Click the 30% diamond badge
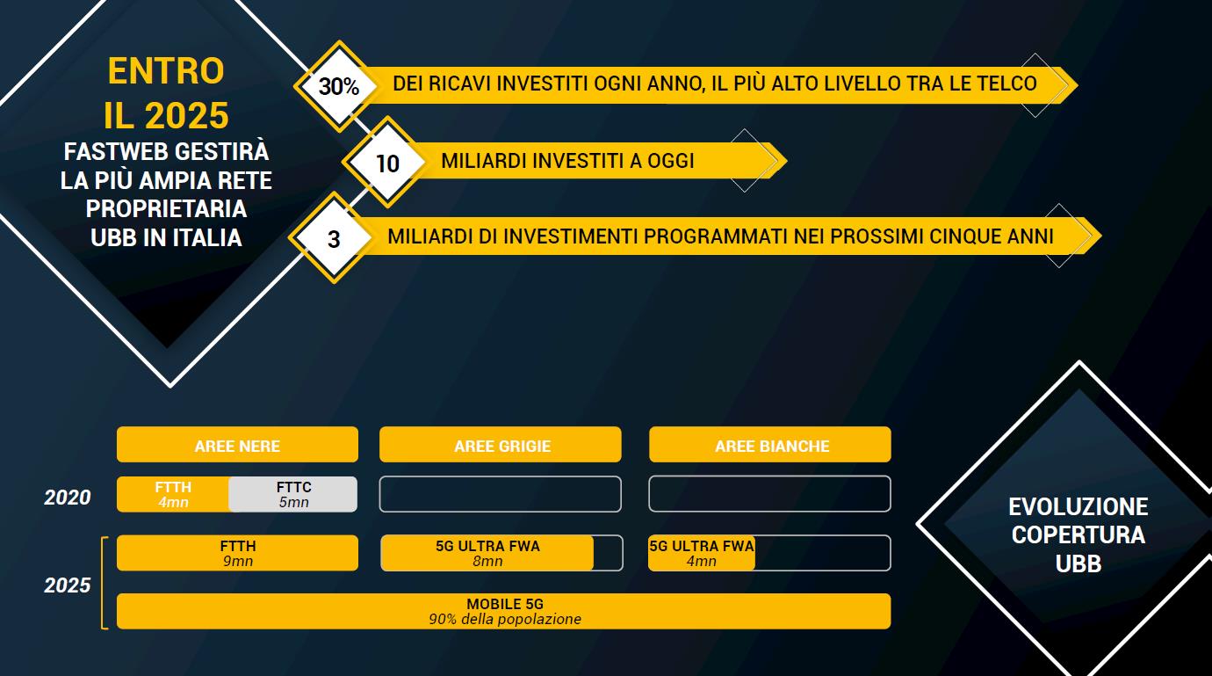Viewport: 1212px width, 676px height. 339,86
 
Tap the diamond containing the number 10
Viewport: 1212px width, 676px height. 387,162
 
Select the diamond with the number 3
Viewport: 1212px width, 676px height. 334,238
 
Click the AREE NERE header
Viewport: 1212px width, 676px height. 237,445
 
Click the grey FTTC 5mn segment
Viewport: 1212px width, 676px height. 292,495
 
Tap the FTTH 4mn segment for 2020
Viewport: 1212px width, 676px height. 173,495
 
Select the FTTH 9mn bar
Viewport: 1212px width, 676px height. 237,553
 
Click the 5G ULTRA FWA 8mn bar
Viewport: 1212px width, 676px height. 487,553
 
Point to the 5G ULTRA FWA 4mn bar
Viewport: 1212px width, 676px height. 702,553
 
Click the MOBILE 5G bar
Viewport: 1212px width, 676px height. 504,612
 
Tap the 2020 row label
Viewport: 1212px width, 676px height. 68,498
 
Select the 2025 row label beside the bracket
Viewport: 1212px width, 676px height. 68,585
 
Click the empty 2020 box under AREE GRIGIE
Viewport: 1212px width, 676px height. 501,494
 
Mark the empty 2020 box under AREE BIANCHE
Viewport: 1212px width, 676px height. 770,494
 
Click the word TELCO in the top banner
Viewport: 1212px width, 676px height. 1007,84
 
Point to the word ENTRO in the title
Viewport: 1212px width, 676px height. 166,71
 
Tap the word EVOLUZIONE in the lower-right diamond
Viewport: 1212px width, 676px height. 1079,507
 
